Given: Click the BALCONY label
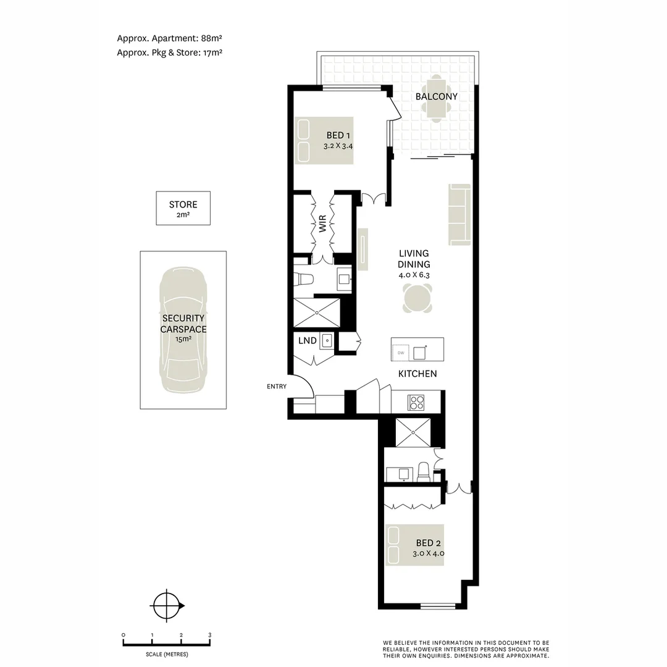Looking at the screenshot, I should click(436, 97).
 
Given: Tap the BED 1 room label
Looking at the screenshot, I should click(338, 136).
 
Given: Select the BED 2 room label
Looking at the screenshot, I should click(428, 543).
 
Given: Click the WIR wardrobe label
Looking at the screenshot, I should click(322, 224).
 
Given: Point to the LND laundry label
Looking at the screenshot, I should click(307, 341).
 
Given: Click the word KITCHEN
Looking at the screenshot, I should click(417, 374).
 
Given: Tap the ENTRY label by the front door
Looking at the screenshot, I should click(276, 387).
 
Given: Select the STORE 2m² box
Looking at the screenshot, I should click(183, 208).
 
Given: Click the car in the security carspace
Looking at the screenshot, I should click(183, 330).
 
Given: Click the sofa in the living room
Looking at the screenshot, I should click(459, 214).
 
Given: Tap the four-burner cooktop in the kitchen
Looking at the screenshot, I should click(416, 403).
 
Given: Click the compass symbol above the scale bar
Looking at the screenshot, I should click(166, 606).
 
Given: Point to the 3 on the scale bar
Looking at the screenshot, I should click(209, 635).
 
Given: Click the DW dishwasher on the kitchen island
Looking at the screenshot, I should click(401, 353).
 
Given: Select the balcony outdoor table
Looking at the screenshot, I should click(436, 98).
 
